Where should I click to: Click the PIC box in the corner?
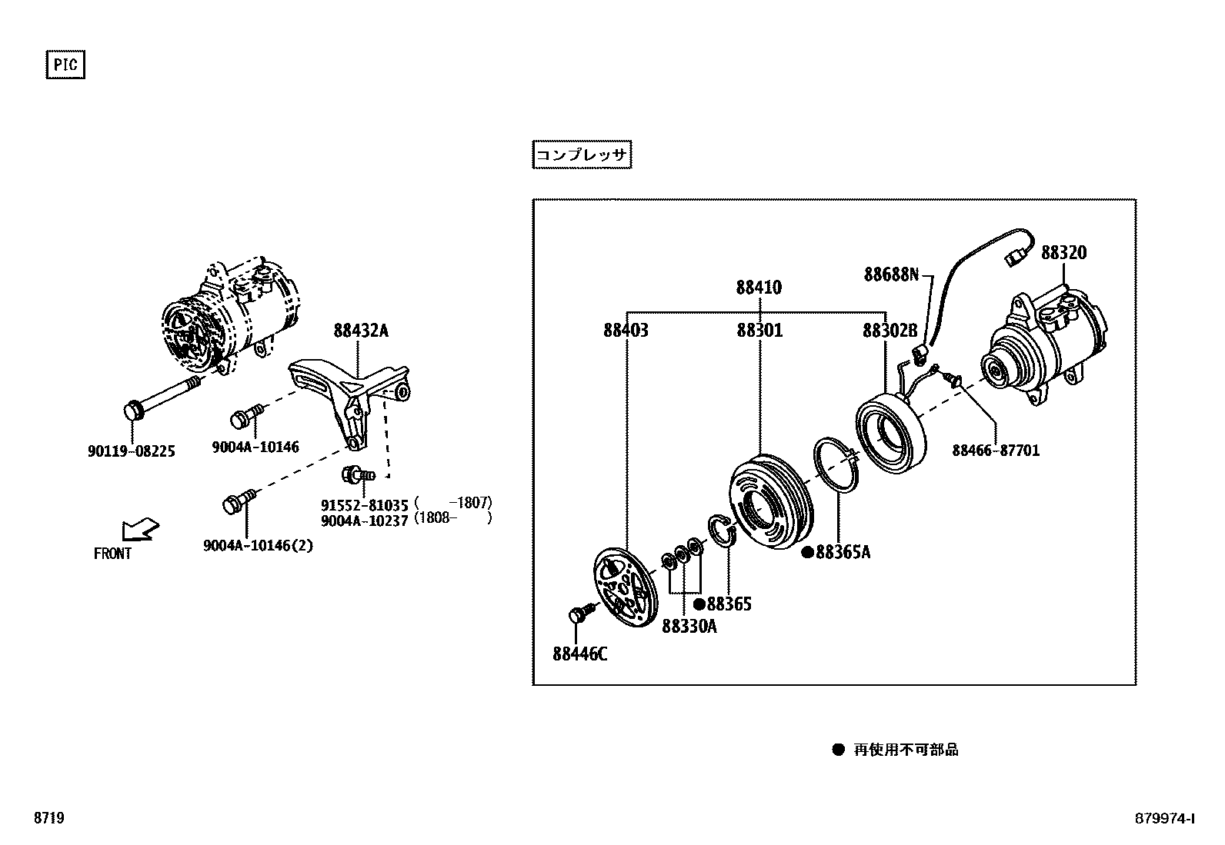pos(65,65)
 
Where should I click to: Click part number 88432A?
pos(360,331)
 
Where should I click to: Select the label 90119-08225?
pos(131,451)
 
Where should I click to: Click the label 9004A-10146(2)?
pos(258,546)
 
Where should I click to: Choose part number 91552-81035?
pos(364,505)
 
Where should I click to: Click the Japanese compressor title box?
pos(582,155)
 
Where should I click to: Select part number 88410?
pos(758,288)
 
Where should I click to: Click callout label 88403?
pos(625,331)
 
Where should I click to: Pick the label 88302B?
pos(890,331)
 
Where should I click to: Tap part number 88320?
pos(1063,252)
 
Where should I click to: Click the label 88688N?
pos(891,274)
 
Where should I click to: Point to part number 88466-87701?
pos(995,451)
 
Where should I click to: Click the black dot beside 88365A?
pos(807,552)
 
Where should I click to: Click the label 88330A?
pos(689,627)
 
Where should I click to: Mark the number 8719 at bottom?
pos(48,818)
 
